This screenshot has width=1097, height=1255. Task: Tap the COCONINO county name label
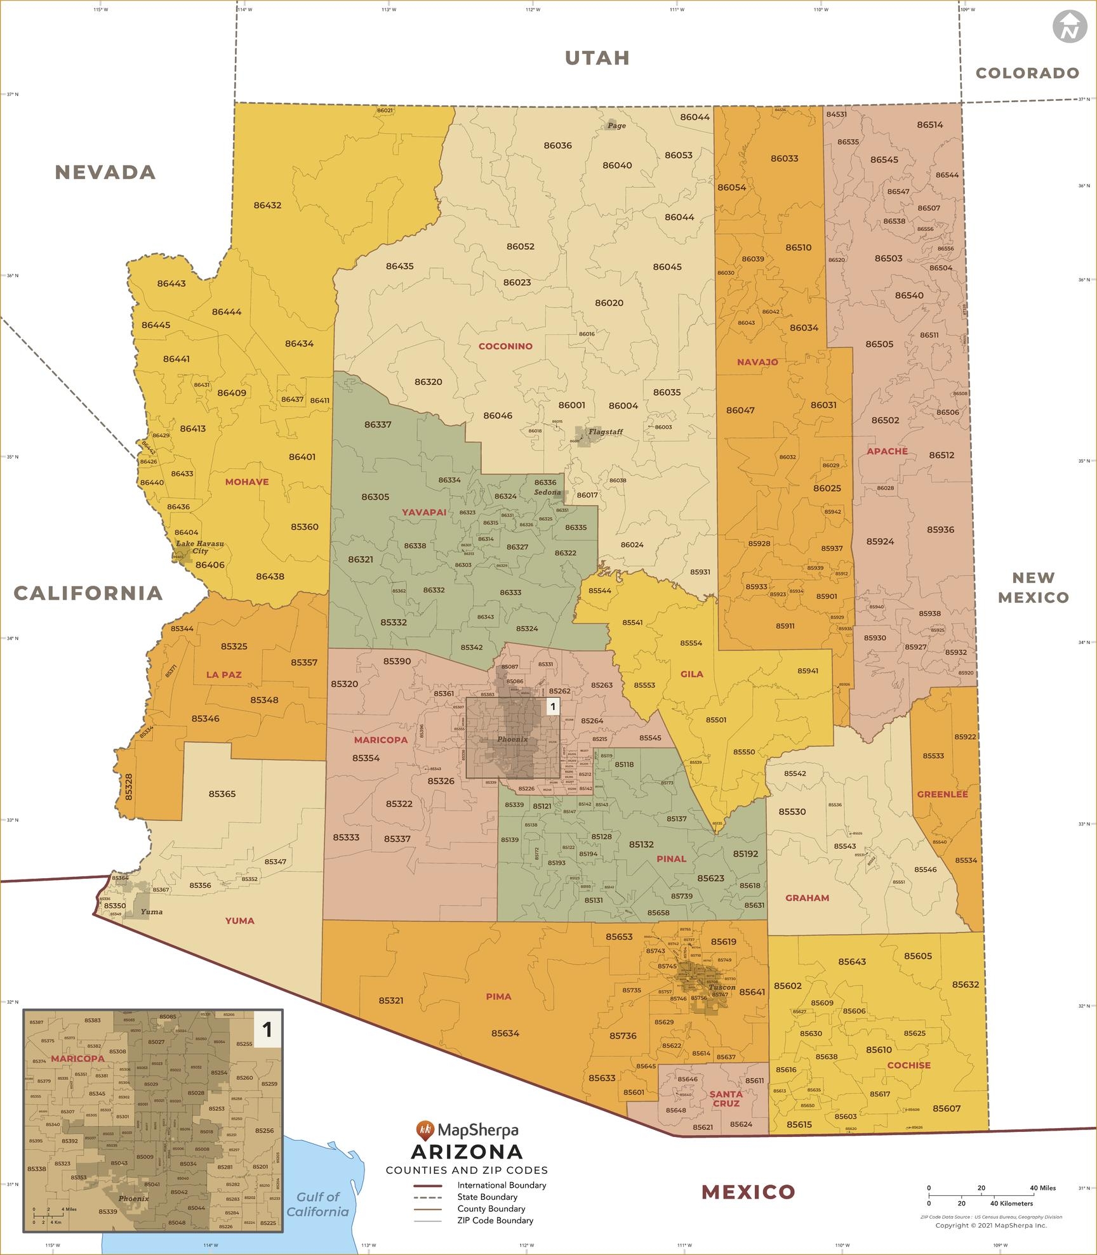[505, 346]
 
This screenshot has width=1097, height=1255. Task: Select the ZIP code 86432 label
[267, 206]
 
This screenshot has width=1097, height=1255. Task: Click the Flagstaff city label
[605, 432]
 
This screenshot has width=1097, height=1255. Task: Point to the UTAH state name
[597, 58]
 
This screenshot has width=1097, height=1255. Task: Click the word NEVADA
[105, 172]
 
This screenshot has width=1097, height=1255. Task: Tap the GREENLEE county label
[942, 794]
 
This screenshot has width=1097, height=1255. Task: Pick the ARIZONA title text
[467, 1151]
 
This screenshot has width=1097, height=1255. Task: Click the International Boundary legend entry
[501, 1185]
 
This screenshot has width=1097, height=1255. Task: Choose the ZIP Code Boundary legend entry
[495, 1220]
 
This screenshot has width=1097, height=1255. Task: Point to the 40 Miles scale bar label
[1042, 1188]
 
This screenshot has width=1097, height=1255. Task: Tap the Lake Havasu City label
[200, 548]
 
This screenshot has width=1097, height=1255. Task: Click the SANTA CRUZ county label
[726, 1098]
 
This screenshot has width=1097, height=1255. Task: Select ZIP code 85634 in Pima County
[505, 1033]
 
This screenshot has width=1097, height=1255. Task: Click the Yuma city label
[152, 912]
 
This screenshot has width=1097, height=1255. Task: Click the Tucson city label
[722, 987]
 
